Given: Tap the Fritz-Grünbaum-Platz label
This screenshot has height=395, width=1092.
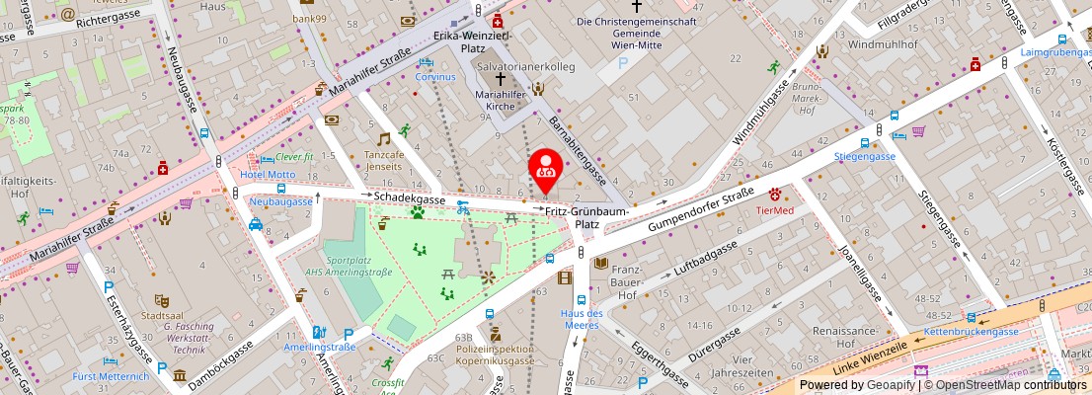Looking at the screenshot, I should pos(587,217).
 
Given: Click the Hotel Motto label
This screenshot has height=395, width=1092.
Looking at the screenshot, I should pos(267,175).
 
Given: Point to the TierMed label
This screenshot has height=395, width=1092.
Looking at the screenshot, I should pos(775,209).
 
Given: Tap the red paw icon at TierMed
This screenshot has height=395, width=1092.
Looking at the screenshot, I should pos(776,194).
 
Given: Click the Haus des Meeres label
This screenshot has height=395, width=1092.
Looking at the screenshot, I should pos(582,320).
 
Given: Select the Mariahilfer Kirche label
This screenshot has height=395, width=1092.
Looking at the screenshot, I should pos(501,96).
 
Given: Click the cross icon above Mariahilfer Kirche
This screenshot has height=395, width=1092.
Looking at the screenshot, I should pos(501,78).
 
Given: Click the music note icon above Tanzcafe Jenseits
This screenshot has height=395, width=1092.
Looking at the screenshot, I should pos(384,139).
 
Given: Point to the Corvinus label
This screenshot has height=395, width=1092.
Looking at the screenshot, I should pos(435,76).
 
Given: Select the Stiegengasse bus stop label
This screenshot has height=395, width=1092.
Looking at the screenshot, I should pos(864,156).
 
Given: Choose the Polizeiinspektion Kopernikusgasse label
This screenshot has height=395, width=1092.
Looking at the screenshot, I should pos(495,355).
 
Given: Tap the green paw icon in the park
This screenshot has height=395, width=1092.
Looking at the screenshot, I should pos(418,211).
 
